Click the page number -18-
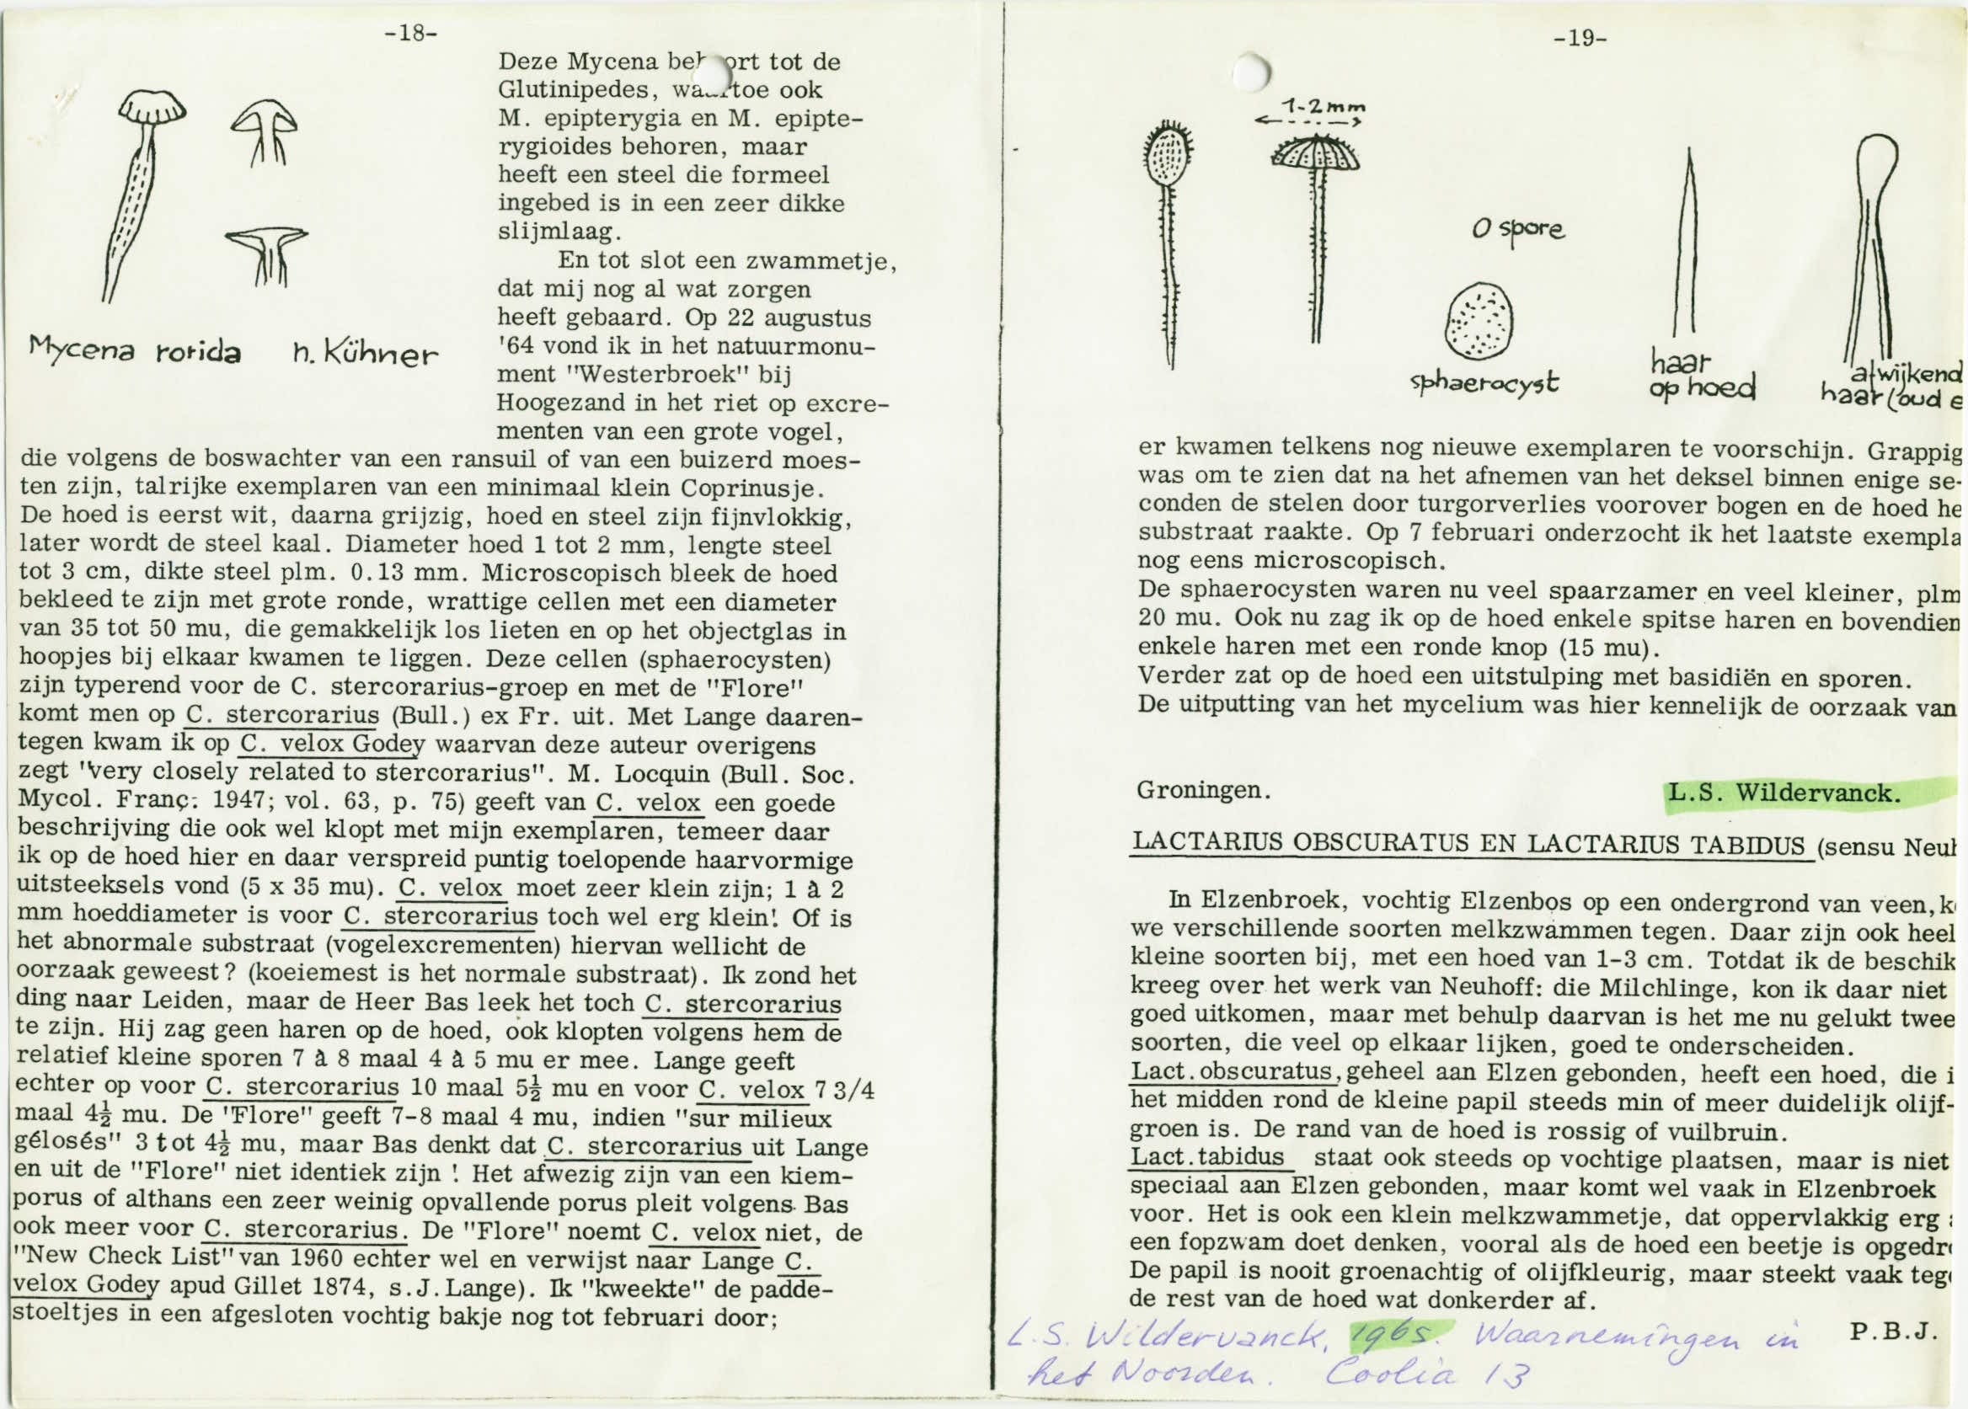click(411, 34)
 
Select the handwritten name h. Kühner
click(366, 354)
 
